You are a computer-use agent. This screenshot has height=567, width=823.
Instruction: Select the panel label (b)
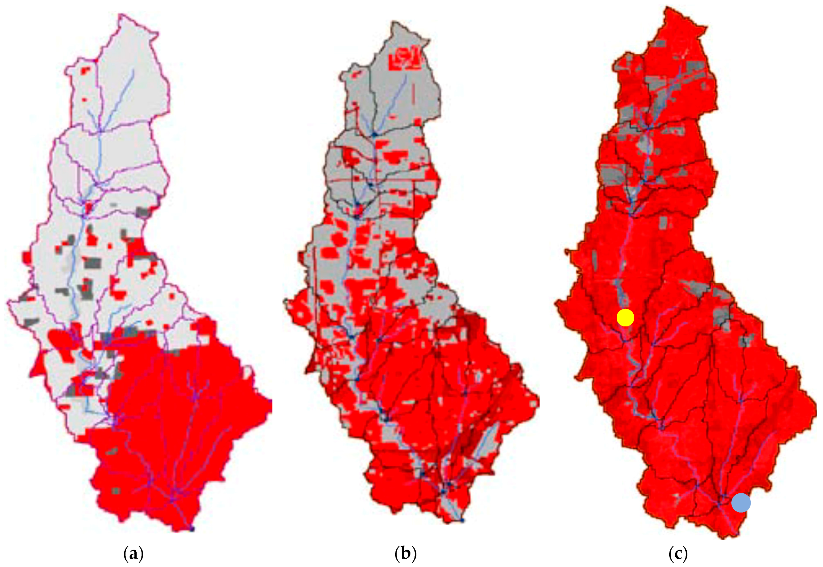pyautogui.click(x=405, y=554)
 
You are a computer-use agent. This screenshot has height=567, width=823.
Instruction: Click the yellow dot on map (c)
pyautogui.click(x=625, y=317)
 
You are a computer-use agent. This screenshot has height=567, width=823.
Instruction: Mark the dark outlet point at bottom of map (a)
pyautogui.click(x=192, y=529)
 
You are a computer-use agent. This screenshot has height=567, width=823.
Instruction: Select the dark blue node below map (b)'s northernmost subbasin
pyautogui.click(x=374, y=134)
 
